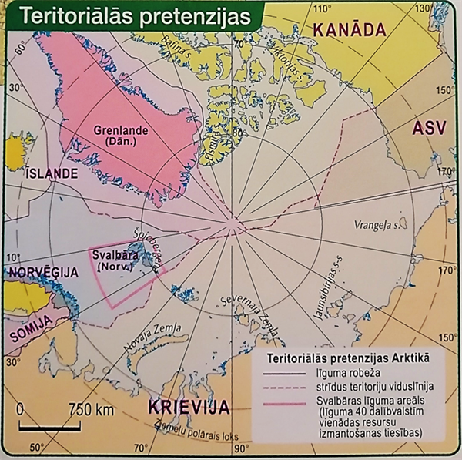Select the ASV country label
pyautogui.click(x=429, y=129)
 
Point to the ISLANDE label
pyautogui.click(x=52, y=173)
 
